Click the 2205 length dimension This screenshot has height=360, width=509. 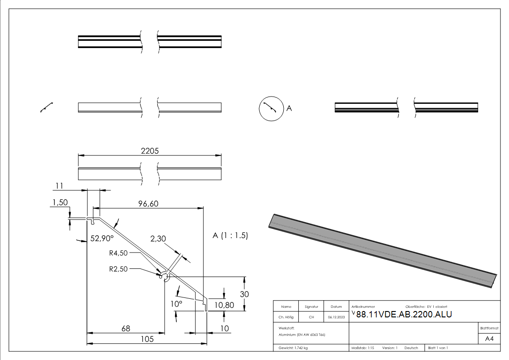coord(150,151)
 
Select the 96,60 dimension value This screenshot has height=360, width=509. coord(148,204)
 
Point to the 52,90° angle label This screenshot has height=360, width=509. coord(102,238)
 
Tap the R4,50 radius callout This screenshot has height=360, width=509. coord(119,253)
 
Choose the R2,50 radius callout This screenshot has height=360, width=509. coord(119,268)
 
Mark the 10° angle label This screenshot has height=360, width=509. coord(176,303)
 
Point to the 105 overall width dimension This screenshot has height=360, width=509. coord(146,339)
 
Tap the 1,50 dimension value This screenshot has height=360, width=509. coord(60,203)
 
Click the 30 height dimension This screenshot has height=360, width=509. coord(244,294)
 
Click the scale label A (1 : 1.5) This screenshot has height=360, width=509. coord(230,235)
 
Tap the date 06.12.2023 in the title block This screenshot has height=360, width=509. coord(336,317)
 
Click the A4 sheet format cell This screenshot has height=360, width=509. coord(489,339)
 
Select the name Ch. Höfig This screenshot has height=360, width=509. coord(286,317)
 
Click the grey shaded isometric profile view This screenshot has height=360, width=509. coord(383,249)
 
